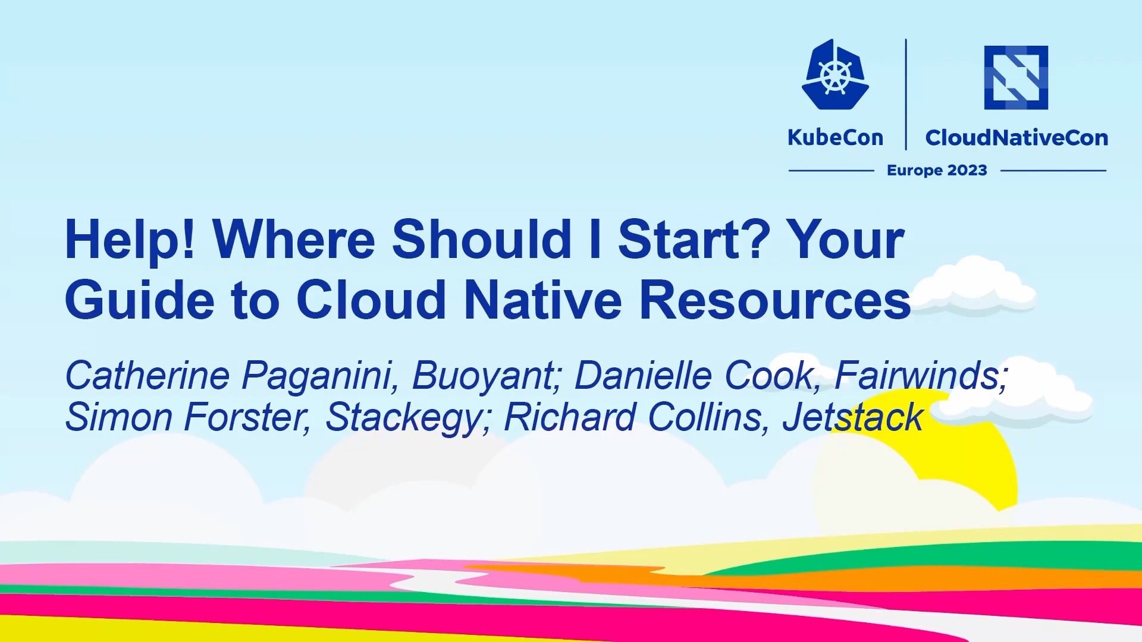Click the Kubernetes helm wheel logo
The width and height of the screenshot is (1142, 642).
835,75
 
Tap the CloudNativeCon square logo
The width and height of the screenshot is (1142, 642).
1016,77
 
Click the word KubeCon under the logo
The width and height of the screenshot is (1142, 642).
835,137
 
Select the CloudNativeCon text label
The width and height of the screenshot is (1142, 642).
1016,137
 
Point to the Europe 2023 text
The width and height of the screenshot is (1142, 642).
937,171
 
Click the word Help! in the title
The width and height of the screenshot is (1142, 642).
130,240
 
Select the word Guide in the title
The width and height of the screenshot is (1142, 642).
139,300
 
